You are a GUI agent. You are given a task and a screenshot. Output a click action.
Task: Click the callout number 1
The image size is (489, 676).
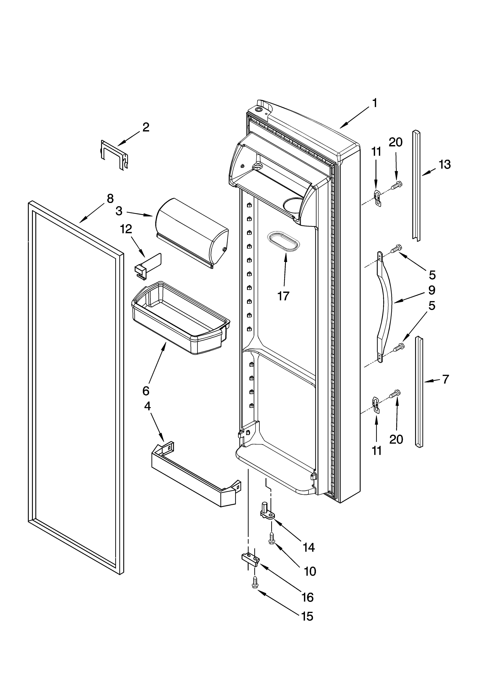click(x=375, y=103)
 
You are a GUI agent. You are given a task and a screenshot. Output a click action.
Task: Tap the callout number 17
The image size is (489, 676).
click(x=283, y=296)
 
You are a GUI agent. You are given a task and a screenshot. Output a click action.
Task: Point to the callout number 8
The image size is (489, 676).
click(x=110, y=199)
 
